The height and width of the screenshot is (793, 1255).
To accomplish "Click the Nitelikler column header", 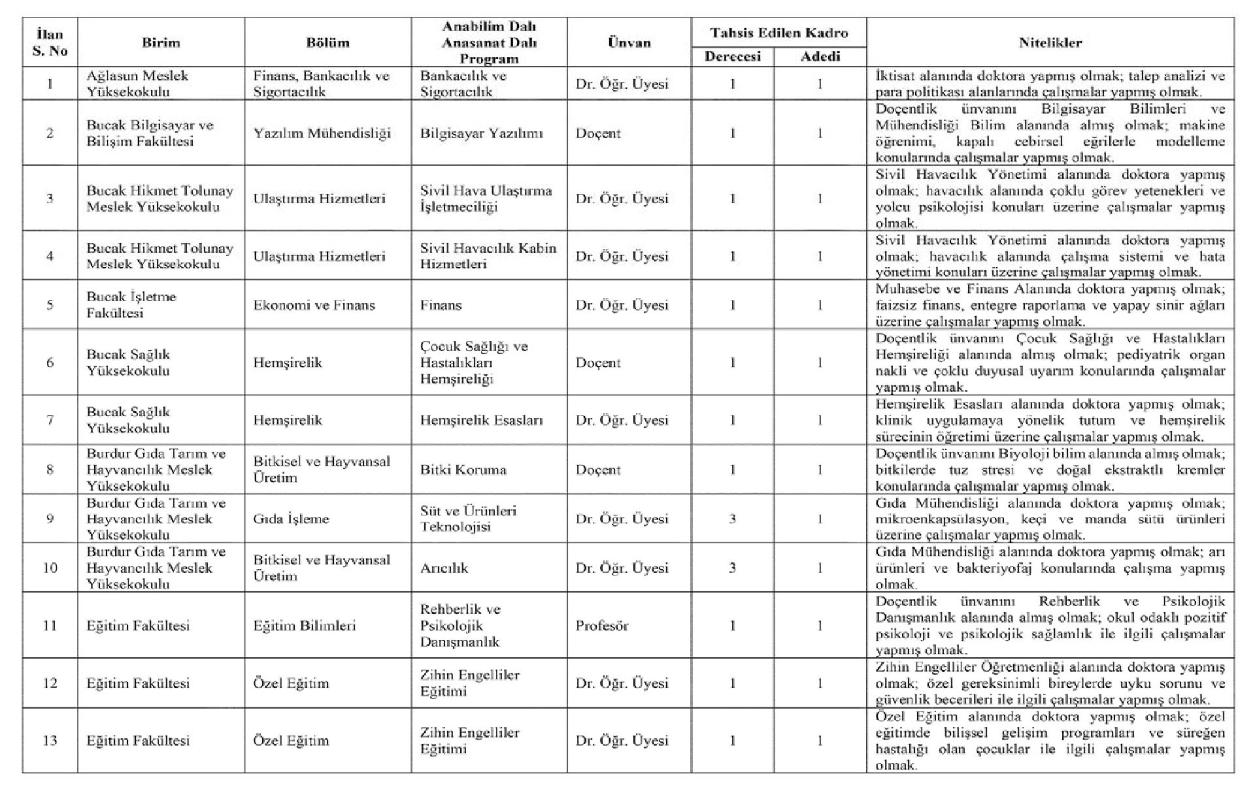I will click(1050, 42).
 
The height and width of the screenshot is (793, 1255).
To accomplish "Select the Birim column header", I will click(161, 42).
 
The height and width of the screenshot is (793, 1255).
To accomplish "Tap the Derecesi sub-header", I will click(732, 57).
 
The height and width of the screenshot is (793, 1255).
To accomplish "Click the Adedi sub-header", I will click(820, 57).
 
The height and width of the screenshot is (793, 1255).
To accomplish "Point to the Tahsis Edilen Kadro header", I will click(778, 33).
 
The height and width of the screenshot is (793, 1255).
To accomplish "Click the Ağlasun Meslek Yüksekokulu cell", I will click(137, 84).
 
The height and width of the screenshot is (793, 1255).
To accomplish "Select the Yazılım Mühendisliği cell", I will click(322, 133).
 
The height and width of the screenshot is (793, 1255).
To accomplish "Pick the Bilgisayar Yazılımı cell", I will click(481, 133).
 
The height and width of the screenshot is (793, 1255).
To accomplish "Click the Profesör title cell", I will click(601, 626).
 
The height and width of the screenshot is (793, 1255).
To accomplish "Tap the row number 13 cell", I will click(50, 741).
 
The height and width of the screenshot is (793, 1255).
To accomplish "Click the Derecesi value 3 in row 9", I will click(732, 519).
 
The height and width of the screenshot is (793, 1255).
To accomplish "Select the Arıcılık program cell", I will click(444, 568).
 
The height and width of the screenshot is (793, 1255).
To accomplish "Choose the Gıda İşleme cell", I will click(291, 519).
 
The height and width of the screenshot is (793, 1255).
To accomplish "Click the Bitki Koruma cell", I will click(463, 470).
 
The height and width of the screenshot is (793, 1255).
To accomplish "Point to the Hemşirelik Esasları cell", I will click(481, 421).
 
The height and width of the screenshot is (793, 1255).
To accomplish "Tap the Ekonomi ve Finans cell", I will click(314, 305).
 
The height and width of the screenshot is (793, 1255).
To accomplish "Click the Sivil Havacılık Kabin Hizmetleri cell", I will click(488, 256).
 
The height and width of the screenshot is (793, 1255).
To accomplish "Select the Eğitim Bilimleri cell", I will click(304, 626).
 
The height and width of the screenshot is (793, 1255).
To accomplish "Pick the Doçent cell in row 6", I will click(597, 363).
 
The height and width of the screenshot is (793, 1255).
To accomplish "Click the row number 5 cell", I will click(50, 305).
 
